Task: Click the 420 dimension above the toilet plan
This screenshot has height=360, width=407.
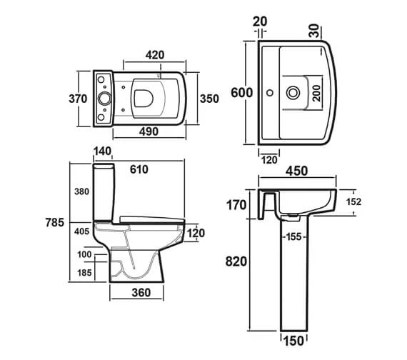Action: (x=155, y=55)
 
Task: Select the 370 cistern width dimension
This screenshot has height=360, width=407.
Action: (x=78, y=99)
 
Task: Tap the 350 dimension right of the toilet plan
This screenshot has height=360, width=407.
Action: (x=209, y=99)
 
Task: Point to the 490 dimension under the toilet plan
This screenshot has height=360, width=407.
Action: (x=149, y=131)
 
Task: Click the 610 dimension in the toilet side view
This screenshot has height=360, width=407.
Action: (x=139, y=169)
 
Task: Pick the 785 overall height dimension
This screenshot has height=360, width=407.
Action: (x=55, y=223)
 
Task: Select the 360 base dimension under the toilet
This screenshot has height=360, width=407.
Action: (x=141, y=293)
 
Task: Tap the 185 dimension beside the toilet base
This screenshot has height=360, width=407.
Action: (x=85, y=273)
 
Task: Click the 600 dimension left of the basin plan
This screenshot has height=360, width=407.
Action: (x=241, y=93)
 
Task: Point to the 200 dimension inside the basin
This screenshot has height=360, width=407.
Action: (x=316, y=93)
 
